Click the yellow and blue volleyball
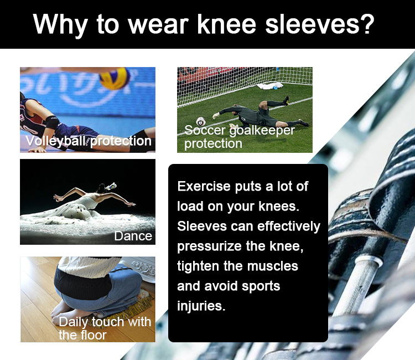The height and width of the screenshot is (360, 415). coord(115,78)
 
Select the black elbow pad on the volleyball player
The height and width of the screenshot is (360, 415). coord(53,122)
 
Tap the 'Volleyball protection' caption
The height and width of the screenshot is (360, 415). coord(89,141)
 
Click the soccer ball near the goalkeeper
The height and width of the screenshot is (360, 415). coord(201,122)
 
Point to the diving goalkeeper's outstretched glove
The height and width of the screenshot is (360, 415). coord(216,116)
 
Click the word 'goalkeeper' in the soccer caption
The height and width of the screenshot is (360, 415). coord(262,131)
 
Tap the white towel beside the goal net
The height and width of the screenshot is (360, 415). coord(270,86)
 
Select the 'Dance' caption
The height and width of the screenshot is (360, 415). coord(133,236)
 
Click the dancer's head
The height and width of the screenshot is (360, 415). coord(101,188)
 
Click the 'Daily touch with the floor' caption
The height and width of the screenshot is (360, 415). coord(105,328)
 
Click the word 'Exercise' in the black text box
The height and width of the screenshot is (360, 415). coord(204,186)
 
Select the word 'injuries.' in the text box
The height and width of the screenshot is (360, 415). coord(201,306)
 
